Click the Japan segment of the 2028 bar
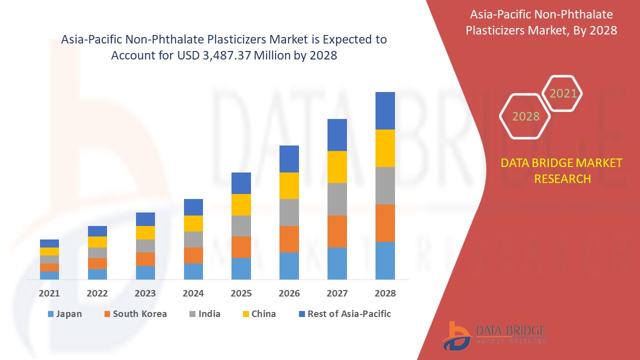pyautogui.click(x=385, y=260)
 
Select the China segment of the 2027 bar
pyautogui.click(x=337, y=167)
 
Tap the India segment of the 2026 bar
pyautogui.click(x=289, y=212)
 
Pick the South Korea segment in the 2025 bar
pyautogui.click(x=241, y=247)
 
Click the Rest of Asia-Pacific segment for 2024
pyautogui.click(x=193, y=207)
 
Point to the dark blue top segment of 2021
pyautogui.click(x=49, y=243)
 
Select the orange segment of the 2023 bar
pyautogui.click(x=145, y=259)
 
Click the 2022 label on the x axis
pyautogui.click(x=97, y=293)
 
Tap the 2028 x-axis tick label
pyautogui.click(x=385, y=293)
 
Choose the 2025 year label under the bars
pyautogui.click(x=241, y=293)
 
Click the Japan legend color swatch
pyautogui.click(x=50, y=314)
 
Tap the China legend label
pyautogui.click(x=263, y=314)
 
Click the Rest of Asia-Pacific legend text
pyautogui.click(x=349, y=314)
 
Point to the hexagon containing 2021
pyautogui.click(x=562, y=93)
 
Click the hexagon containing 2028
pyautogui.click(x=525, y=116)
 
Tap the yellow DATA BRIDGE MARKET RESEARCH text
pyautogui.click(x=561, y=170)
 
